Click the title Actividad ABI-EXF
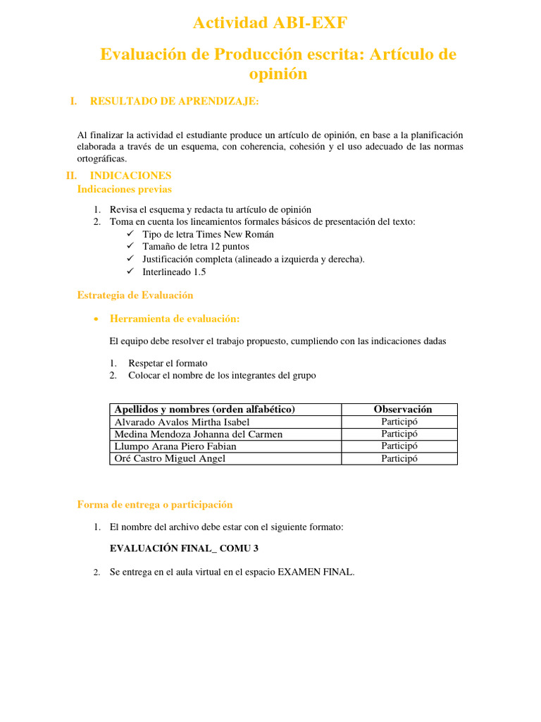click(x=270, y=23)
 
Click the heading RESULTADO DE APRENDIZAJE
click(x=174, y=102)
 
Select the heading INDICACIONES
click(x=130, y=175)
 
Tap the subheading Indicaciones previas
click(x=124, y=189)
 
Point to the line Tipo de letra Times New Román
click(x=208, y=234)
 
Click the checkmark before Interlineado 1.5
click(x=130, y=271)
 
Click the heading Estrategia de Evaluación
click(x=135, y=295)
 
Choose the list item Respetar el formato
click(x=168, y=363)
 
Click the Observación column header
click(x=402, y=410)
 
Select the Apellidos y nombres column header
click(x=204, y=410)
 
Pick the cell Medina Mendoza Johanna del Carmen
click(x=198, y=434)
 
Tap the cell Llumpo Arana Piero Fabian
click(x=175, y=446)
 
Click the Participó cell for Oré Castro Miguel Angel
click(x=399, y=458)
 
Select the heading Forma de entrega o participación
click(x=154, y=504)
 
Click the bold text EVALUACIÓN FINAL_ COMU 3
click(x=179, y=547)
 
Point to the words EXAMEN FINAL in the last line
click(x=316, y=573)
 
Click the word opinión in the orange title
click(x=278, y=73)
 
